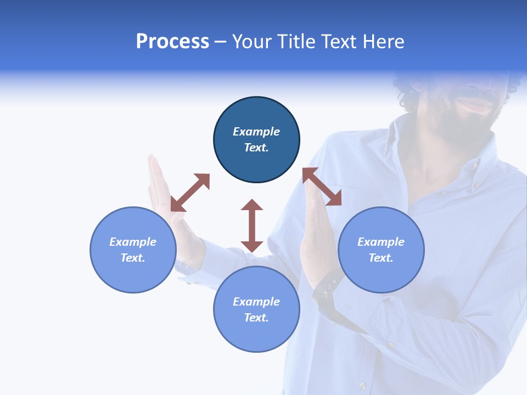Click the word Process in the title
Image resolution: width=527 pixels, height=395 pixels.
(x=172, y=42)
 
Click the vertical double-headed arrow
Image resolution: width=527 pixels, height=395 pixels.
(x=252, y=225)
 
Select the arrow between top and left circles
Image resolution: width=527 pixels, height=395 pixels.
(x=190, y=192)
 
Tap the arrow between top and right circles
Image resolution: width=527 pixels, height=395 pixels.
(x=322, y=187)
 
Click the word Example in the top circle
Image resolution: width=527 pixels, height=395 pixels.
(x=256, y=132)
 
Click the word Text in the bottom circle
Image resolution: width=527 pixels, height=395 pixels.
(x=256, y=318)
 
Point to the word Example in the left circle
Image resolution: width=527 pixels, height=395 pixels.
(x=133, y=242)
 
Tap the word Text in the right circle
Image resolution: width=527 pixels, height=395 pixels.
(x=380, y=258)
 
